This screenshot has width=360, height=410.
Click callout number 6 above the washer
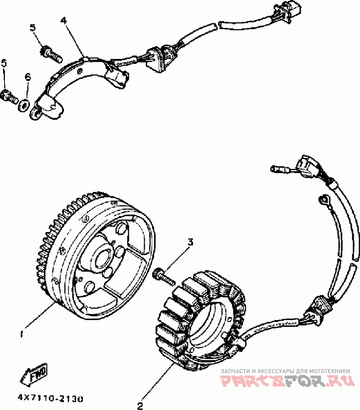27,77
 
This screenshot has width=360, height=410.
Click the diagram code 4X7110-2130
50,398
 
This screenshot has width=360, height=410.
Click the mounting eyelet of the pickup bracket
34,115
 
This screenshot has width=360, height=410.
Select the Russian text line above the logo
285,370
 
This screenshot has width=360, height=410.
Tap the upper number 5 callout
33,28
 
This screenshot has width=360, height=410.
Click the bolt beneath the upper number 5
50,54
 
